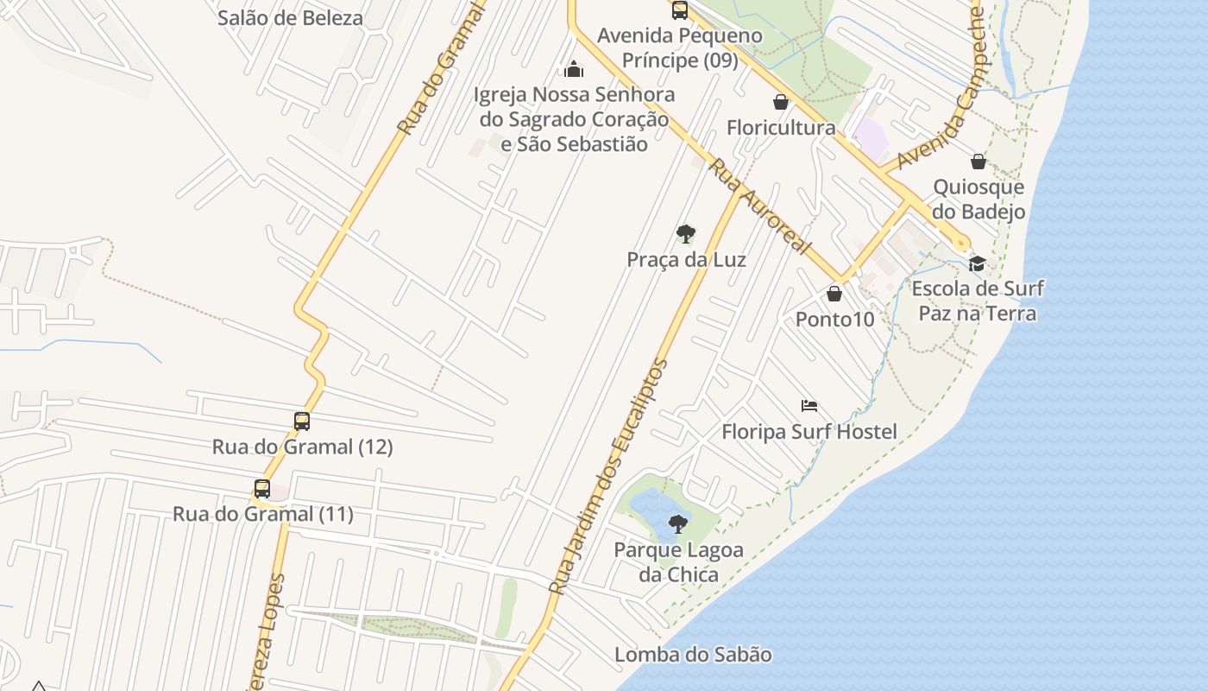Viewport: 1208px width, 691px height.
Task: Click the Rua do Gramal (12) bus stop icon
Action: click(x=302, y=422)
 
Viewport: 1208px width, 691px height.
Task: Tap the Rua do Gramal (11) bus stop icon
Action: click(x=262, y=489)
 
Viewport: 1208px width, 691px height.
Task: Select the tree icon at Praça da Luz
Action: click(x=686, y=233)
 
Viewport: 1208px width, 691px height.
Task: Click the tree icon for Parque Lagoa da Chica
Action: click(x=678, y=523)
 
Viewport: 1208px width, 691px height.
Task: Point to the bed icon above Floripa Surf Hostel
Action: click(x=808, y=406)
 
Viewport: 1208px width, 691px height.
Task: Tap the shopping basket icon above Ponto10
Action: click(x=834, y=294)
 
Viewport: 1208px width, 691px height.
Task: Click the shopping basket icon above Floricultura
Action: click(x=781, y=102)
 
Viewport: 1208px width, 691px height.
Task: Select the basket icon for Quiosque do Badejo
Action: click(x=978, y=162)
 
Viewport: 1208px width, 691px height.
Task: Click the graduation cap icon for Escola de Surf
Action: click(x=977, y=263)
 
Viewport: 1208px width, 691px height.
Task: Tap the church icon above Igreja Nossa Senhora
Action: click(x=574, y=69)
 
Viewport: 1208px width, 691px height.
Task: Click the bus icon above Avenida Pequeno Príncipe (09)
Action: click(x=680, y=10)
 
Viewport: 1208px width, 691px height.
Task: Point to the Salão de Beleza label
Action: click(x=290, y=18)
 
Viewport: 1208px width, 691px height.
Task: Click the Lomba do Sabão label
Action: click(x=693, y=655)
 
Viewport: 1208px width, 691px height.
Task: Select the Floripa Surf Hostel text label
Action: click(x=809, y=432)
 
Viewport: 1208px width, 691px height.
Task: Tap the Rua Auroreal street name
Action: click(x=759, y=207)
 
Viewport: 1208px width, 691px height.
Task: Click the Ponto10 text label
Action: click(x=834, y=320)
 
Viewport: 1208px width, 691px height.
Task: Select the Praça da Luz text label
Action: click(x=686, y=260)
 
